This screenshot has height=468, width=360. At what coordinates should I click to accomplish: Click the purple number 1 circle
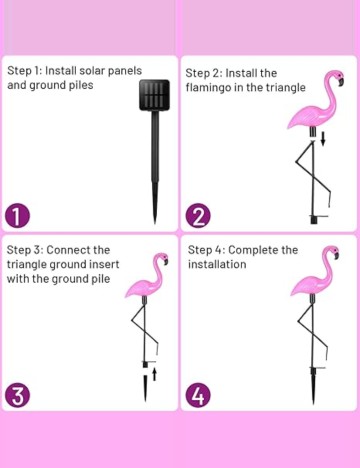(18, 216)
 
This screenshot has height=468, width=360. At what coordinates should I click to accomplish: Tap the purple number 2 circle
(198, 216)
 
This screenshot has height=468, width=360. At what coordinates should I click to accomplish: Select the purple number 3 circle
(18, 396)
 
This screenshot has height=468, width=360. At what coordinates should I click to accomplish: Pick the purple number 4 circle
(198, 395)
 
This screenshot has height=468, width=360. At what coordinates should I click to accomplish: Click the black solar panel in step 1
(154, 95)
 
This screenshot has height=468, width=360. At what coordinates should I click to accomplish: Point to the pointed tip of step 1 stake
(155, 223)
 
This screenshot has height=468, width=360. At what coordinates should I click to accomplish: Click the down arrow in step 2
(323, 139)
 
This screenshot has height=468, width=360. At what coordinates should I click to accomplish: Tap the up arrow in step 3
(154, 374)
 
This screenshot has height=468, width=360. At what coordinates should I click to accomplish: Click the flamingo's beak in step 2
(341, 82)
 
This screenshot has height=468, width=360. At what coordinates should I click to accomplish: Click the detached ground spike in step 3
(145, 388)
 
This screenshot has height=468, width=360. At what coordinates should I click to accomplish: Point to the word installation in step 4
(217, 264)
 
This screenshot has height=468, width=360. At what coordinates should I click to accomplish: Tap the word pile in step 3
(101, 279)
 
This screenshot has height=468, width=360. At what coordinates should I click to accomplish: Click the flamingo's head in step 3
(162, 258)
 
